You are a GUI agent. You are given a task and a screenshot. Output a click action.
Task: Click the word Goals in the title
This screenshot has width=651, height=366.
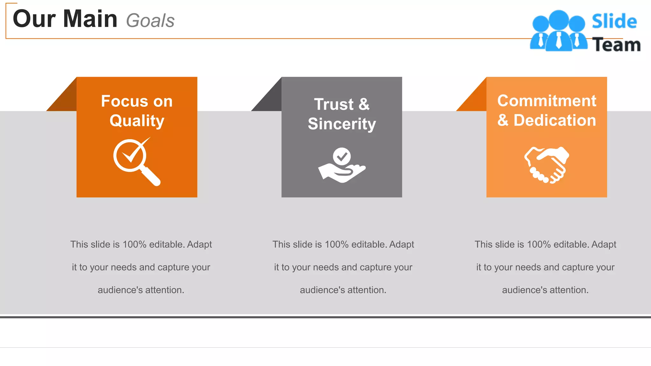point(150,21)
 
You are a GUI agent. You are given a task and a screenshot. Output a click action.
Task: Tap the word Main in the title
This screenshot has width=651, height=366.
point(90,19)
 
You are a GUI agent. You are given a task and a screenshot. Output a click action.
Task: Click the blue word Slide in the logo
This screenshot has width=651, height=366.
point(614,22)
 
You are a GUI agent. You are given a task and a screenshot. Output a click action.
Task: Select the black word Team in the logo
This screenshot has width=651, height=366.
point(616,45)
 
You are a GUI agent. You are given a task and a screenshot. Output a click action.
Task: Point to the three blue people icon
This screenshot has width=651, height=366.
point(558,31)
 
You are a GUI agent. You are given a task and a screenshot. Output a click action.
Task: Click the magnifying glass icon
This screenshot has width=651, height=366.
point(136,161)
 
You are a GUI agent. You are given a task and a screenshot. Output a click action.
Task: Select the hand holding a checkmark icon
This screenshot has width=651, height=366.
point(342,165)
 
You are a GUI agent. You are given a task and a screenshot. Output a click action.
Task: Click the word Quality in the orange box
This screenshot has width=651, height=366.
point(137,121)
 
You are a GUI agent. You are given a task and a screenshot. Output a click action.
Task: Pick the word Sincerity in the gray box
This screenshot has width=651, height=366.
point(342,124)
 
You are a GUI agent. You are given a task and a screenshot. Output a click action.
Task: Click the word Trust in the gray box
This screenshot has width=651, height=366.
point(333,104)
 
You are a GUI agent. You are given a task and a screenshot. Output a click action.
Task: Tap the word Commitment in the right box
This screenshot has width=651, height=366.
point(547,101)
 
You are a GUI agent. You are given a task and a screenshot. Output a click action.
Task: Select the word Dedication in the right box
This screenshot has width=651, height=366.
point(555,120)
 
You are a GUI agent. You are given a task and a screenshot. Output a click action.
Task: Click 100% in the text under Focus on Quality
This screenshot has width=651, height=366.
point(134,244)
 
